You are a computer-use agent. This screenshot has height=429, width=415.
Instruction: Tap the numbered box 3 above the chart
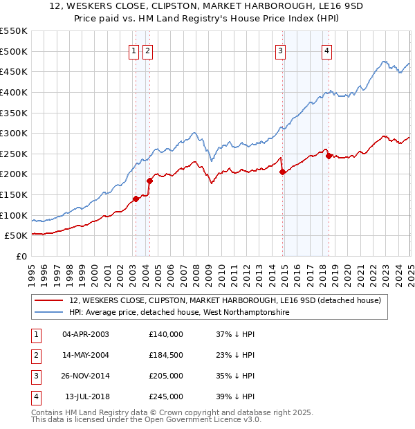pos(280,49)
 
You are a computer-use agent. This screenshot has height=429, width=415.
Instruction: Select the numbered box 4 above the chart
pos(326,49)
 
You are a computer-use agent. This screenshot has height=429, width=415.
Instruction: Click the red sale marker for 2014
pos(283,172)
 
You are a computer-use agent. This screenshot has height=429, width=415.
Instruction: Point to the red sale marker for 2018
pos(329,156)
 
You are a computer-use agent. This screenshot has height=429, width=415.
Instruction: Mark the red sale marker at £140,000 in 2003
pos(136,199)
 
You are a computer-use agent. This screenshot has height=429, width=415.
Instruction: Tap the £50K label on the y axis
pos(17,236)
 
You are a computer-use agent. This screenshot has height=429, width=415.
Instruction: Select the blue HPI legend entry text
pos(179,313)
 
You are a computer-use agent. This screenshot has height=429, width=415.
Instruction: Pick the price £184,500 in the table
pos(166,355)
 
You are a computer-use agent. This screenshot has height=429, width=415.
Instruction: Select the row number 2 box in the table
pos(35,355)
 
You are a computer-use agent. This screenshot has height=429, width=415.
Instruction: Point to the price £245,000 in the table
pos(166,396)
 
